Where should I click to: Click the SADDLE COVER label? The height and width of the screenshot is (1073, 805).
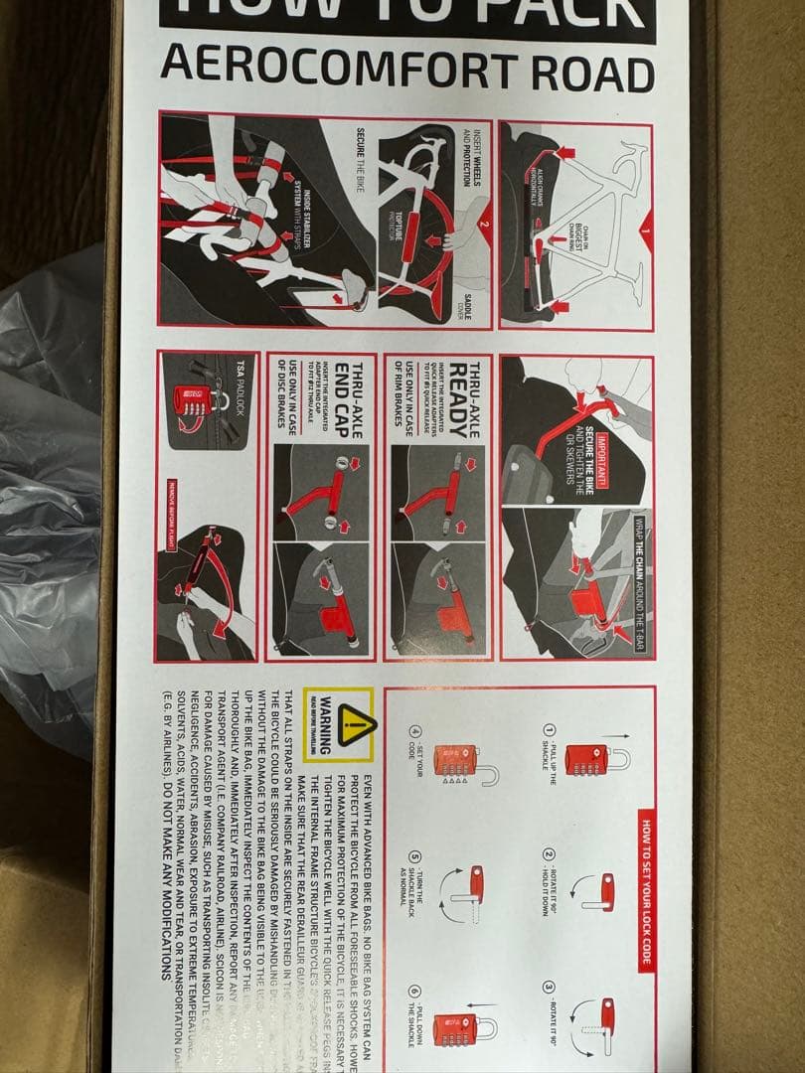[x=473, y=298]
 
